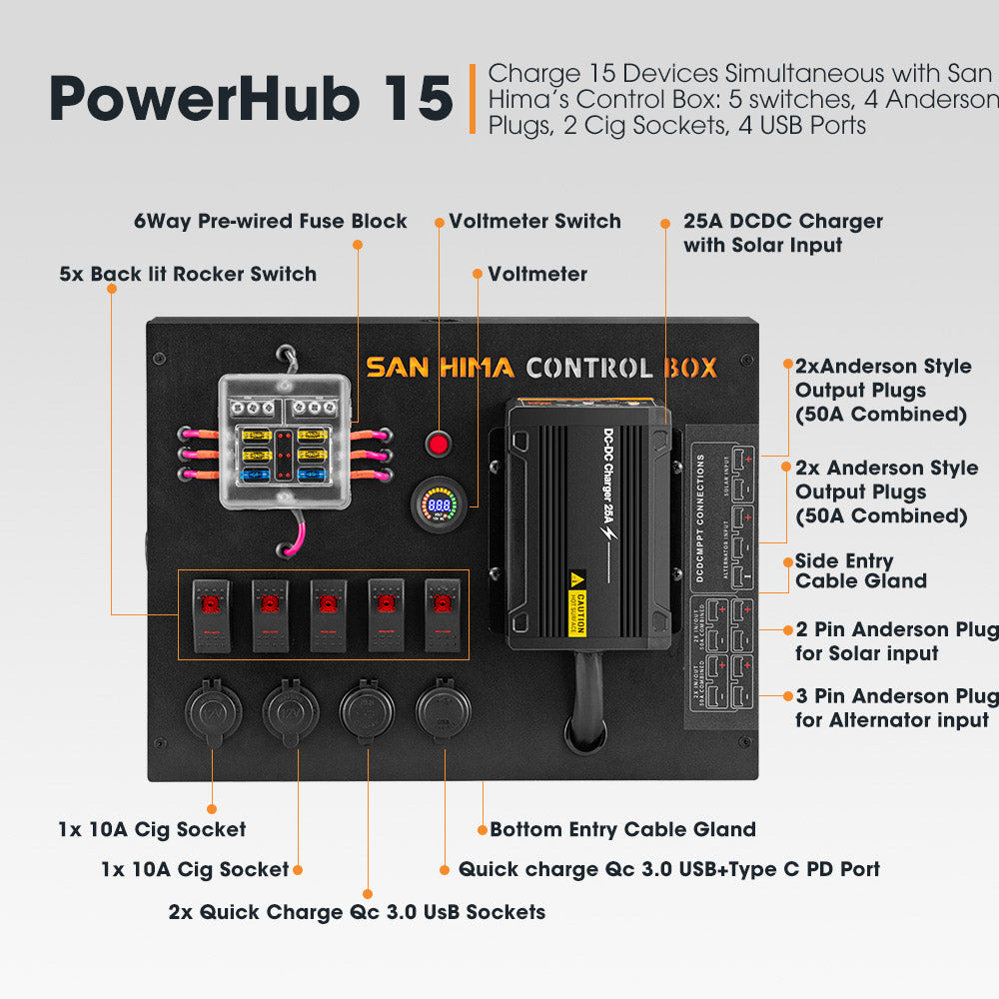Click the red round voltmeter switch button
(438, 441)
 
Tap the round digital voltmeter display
(439, 505)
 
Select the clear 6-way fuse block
(285, 443)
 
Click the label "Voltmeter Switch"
(534, 221)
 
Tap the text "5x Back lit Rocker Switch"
(188, 274)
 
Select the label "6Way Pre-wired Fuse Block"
(271, 221)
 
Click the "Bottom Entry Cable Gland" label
(622, 829)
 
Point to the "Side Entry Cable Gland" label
(860, 571)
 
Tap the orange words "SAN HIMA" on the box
(440, 368)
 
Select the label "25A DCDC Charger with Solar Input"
(782, 232)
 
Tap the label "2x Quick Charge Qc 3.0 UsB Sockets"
(357, 911)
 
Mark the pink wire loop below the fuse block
(298, 534)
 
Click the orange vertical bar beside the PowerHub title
(473, 99)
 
